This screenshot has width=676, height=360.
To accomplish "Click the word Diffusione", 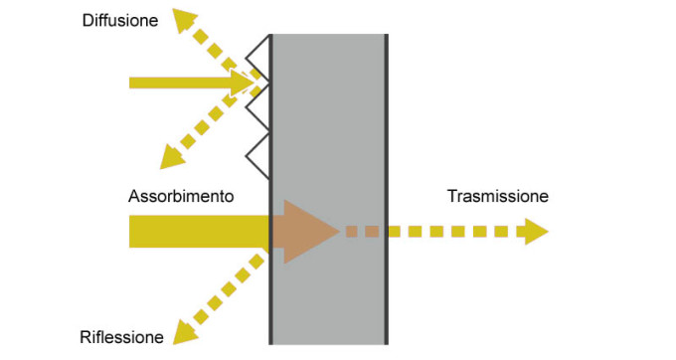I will (x=119, y=19).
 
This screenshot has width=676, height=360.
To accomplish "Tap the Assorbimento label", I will (x=181, y=197).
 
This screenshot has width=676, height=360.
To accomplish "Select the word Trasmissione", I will (x=497, y=197).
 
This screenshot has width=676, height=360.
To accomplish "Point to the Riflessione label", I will (x=121, y=338).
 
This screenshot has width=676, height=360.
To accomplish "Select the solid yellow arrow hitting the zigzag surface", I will (x=189, y=83).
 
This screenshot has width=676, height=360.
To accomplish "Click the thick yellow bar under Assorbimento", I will (x=199, y=232).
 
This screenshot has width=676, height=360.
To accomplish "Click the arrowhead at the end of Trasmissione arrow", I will (x=534, y=232).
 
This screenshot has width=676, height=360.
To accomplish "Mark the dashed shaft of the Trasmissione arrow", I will (x=437, y=232).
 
